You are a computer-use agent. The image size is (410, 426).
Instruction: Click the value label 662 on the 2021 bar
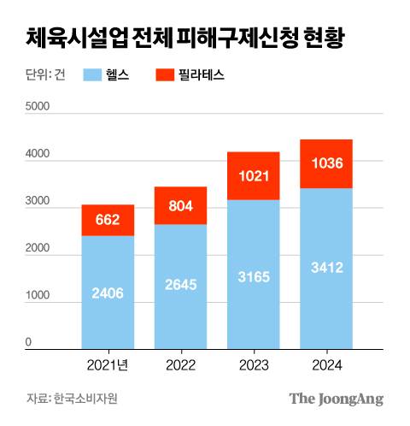(108, 222)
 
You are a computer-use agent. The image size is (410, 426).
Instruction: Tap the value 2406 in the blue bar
(108, 293)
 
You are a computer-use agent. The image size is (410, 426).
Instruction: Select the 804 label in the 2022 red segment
(180, 206)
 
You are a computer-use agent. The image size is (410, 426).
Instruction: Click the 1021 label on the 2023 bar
(253, 176)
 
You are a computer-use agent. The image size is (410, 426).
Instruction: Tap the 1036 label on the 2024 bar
(326, 163)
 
